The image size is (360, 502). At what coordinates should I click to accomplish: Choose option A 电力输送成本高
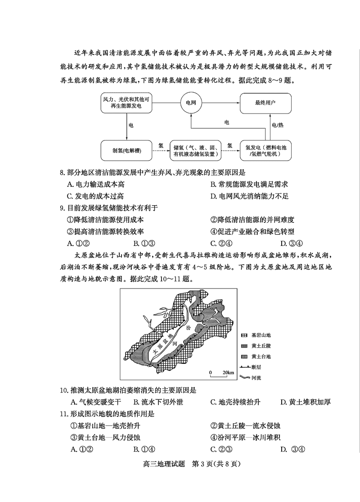tap(95, 184)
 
